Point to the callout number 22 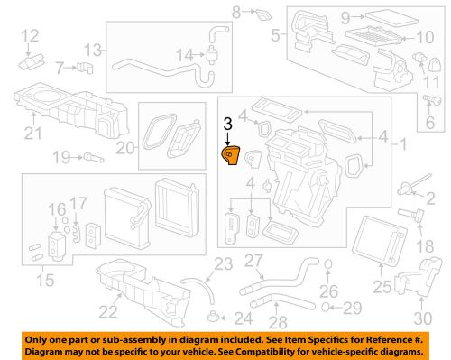[108, 312]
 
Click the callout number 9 [345, 16]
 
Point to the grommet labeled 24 [213, 317]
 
